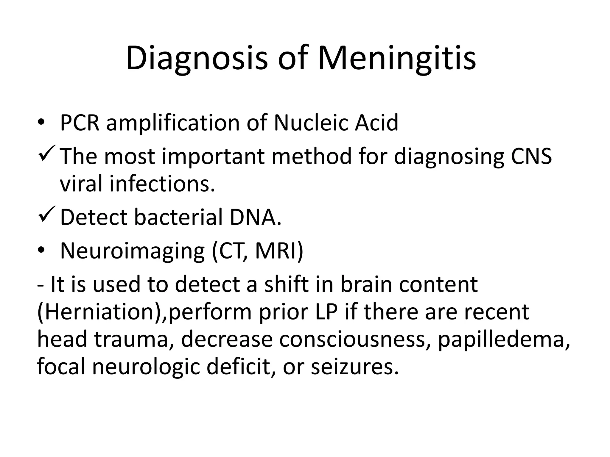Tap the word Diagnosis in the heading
pos(197,58)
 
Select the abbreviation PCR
pos(80,123)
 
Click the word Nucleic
pos(310,123)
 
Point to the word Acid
pos(376,123)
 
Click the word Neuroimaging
pos(132,251)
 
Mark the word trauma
pos(131,339)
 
